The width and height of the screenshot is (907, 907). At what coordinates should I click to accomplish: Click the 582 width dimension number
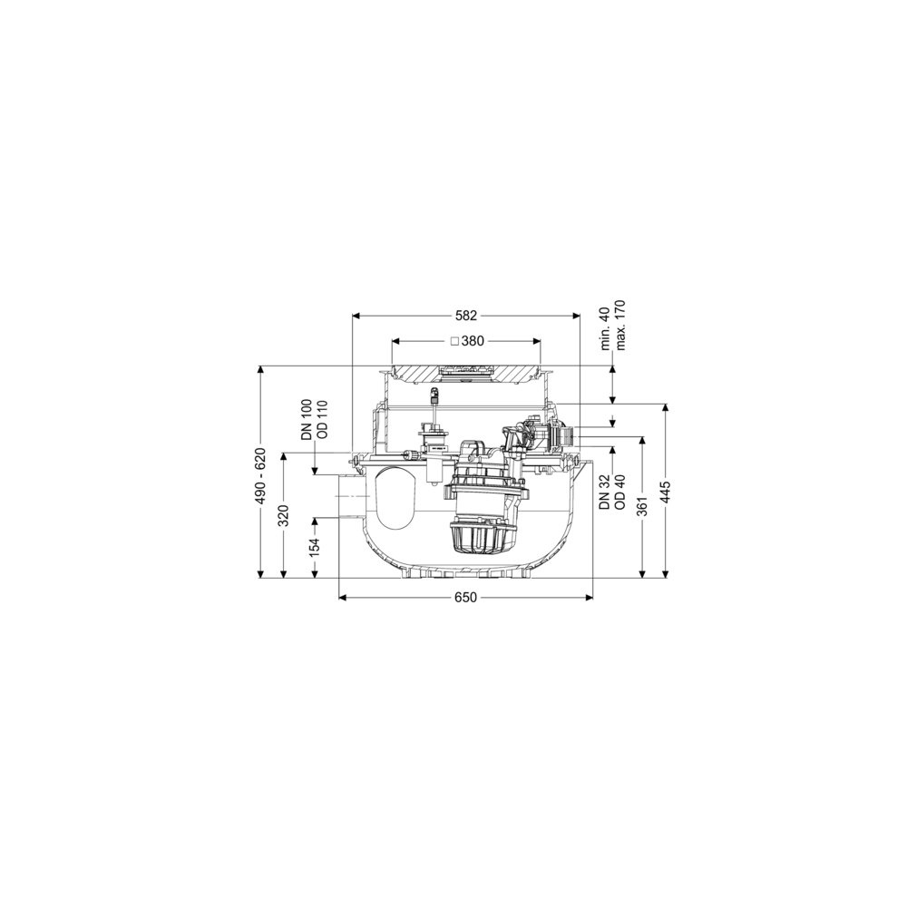click(466, 316)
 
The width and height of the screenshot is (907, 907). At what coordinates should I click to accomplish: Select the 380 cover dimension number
click(473, 341)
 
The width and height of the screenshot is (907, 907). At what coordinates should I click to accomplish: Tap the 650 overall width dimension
click(465, 597)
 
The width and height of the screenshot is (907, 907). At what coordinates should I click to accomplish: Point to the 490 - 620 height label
click(261, 475)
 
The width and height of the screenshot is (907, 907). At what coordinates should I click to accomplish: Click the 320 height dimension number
click(283, 516)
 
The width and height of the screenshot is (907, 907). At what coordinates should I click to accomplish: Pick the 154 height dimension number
click(315, 547)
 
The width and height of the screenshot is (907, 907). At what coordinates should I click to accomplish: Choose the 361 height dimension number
click(642, 506)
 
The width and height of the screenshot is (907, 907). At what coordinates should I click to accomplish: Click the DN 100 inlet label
click(307, 420)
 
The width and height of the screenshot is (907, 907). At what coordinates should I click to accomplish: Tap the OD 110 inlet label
click(322, 420)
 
